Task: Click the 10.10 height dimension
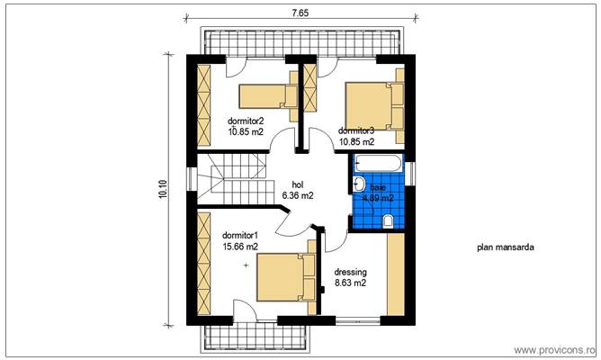point(162,190)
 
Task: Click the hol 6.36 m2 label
point(297,189)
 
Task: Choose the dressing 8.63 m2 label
point(350,276)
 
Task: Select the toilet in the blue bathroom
point(388,220)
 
